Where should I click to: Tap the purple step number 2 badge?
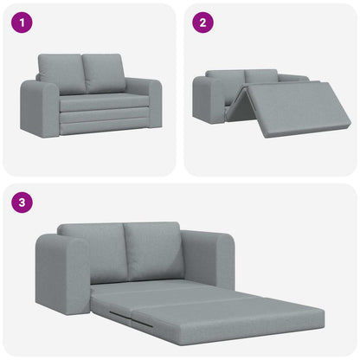202,23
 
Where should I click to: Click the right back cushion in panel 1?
104,72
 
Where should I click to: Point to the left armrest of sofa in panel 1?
39,108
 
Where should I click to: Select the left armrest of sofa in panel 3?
61,273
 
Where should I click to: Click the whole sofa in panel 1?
91,95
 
